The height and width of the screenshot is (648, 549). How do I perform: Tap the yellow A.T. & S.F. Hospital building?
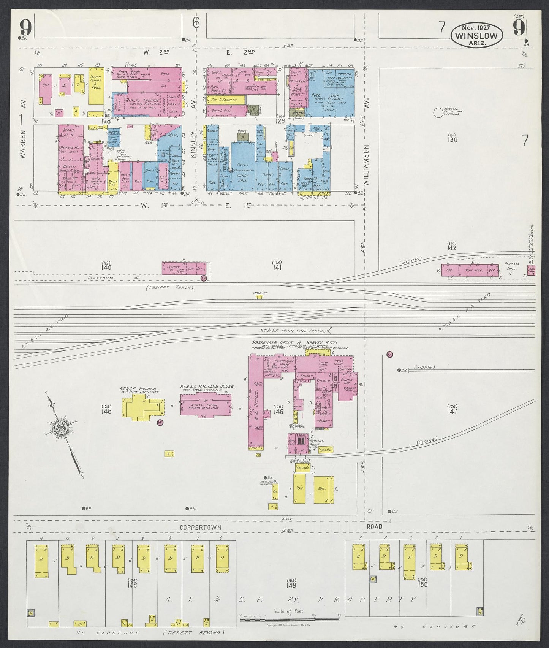tap(141, 407)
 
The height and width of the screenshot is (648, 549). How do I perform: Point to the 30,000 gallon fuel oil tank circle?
tap(438, 112)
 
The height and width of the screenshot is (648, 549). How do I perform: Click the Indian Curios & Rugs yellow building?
tap(97, 86)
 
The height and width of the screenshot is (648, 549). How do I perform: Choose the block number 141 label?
tap(276, 267)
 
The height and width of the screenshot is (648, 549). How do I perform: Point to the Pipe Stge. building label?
tap(473, 271)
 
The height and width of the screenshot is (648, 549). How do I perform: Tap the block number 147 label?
tap(452, 411)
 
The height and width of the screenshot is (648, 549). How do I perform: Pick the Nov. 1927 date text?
tap(476, 27)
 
